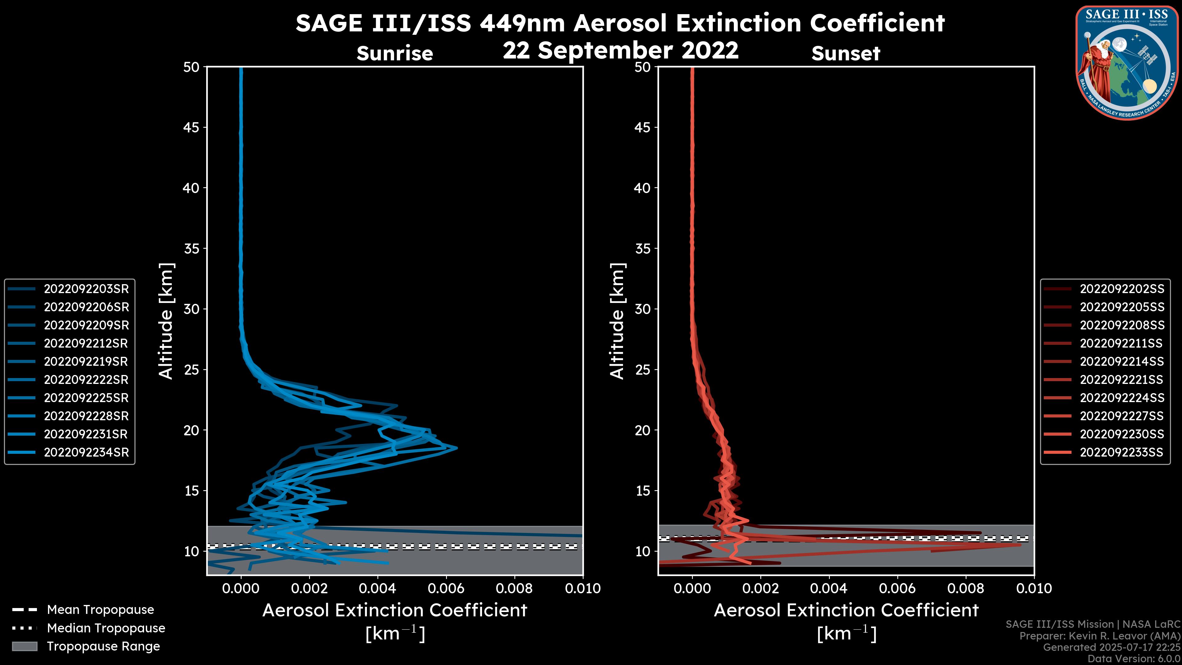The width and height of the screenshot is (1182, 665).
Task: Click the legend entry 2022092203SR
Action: (86, 289)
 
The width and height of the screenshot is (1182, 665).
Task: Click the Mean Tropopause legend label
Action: (100, 610)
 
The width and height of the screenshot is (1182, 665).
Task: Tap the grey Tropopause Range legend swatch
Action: (24, 646)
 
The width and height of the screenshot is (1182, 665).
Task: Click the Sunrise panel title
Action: (395, 53)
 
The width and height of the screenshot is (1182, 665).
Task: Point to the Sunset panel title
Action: (846, 53)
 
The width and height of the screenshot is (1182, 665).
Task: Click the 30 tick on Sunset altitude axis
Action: (643, 309)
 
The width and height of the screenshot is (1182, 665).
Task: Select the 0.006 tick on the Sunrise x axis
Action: (446, 588)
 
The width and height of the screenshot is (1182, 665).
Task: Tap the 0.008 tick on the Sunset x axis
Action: (966, 588)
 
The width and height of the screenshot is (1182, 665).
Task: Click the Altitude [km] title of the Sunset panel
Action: (617, 321)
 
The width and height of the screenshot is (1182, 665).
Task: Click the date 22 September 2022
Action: (620, 50)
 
